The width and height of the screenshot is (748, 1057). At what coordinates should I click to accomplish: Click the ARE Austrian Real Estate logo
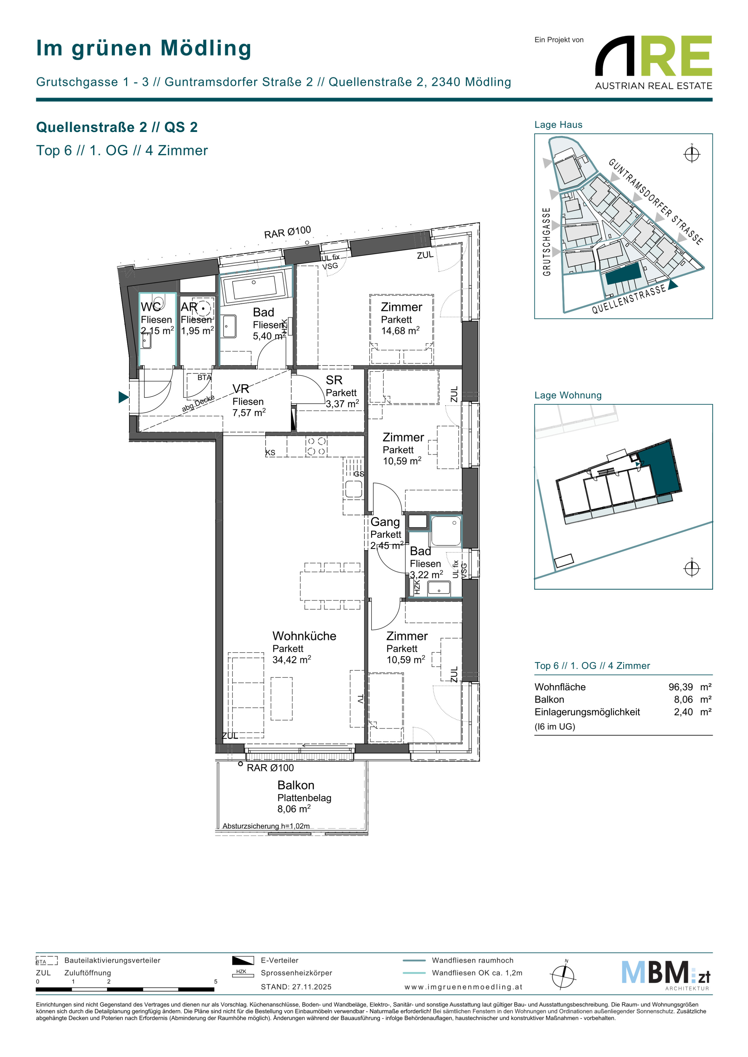point(654,63)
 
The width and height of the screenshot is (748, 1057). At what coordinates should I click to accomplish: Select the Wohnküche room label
point(304,636)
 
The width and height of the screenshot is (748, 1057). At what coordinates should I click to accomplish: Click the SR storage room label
point(334,380)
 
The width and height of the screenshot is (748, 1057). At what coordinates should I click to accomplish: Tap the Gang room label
point(385,522)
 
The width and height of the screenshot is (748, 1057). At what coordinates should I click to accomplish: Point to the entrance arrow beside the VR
point(123,397)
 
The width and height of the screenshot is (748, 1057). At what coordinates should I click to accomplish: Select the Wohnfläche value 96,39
point(681,687)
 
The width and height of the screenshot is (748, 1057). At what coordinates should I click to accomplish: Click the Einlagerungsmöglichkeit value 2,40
point(684,712)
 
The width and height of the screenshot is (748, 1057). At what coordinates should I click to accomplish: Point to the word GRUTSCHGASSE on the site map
point(547,242)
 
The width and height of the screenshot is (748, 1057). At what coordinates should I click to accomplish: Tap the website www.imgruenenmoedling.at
point(463,987)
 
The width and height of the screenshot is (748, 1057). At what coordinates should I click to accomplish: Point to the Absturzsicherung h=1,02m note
point(266,826)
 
